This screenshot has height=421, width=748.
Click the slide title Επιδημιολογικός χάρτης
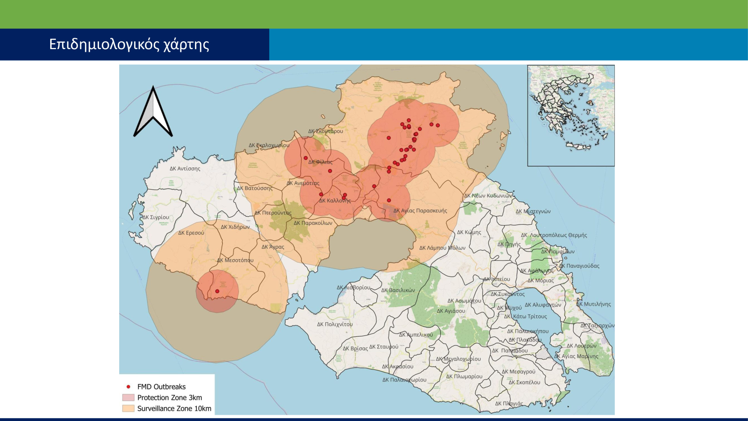(129, 44)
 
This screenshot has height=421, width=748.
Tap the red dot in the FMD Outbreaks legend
(128, 387)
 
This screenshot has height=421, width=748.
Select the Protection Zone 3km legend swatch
(128, 398)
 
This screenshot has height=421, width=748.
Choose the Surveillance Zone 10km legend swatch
(128, 408)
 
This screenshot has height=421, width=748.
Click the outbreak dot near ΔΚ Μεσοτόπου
(217, 291)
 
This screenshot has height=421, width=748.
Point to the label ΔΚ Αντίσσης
(185, 169)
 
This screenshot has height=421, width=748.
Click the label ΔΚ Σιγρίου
(156, 217)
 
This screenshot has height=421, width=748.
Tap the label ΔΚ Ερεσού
(191, 233)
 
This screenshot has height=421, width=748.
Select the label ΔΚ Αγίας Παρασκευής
(420, 210)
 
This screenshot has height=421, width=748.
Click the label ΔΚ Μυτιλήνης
(593, 304)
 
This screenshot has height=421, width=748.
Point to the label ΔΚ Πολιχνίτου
(335, 324)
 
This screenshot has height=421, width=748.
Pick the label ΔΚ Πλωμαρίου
(464, 377)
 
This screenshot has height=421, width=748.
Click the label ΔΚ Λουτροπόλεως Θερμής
(554, 235)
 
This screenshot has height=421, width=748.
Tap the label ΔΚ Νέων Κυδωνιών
(488, 196)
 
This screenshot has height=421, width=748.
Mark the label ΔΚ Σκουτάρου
(325, 131)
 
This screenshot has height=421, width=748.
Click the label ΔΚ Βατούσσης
(254, 188)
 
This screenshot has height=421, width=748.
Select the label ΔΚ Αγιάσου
(451, 311)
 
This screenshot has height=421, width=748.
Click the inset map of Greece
(571, 115)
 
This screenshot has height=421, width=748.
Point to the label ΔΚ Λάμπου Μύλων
(442, 248)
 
